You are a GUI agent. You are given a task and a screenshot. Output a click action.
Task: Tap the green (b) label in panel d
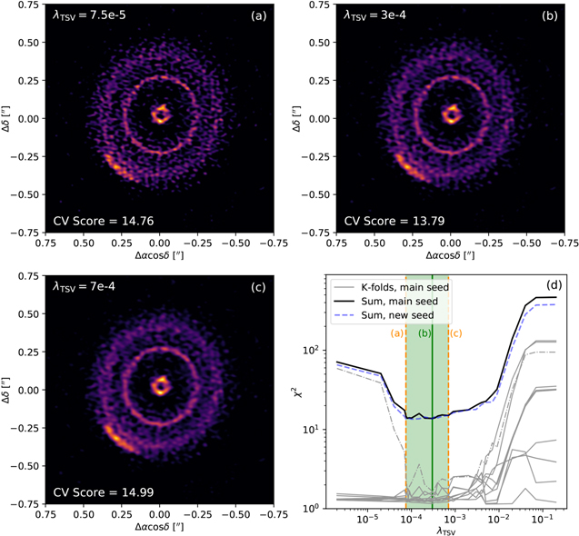424,333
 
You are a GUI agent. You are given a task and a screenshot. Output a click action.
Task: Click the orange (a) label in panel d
397,333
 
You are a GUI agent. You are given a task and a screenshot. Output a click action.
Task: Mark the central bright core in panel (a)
160,114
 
